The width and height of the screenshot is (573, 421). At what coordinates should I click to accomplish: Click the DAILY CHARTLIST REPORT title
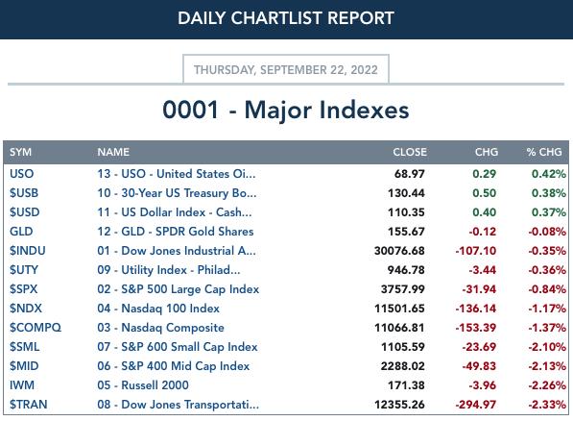point(286,18)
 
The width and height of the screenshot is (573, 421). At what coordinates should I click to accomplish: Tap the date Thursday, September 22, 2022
point(286,70)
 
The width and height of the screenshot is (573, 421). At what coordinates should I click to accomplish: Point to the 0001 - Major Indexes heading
point(286,110)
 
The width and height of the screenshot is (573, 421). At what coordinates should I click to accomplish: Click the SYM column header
point(20,152)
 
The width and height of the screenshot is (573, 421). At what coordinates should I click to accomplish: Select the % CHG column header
point(544,152)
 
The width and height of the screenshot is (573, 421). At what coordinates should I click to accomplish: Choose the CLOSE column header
point(410,152)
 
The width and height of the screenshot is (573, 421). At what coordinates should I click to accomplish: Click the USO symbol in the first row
point(21,174)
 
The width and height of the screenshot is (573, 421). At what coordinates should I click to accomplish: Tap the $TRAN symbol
point(29,404)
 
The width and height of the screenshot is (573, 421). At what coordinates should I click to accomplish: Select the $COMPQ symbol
point(36,327)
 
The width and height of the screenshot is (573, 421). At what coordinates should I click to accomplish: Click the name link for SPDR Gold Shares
point(176,232)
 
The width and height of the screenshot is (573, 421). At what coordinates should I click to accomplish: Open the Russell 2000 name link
point(143,385)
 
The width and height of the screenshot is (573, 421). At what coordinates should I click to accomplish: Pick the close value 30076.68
point(399,251)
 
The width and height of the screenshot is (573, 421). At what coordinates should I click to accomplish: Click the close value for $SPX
point(403,289)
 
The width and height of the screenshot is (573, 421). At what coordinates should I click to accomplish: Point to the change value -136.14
point(476,309)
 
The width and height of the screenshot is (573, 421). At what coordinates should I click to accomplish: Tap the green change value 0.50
point(484,193)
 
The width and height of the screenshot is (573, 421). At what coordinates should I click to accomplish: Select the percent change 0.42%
point(549,174)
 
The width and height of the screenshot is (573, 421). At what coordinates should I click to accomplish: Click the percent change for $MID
point(547,366)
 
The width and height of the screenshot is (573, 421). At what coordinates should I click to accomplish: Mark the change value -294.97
point(476,405)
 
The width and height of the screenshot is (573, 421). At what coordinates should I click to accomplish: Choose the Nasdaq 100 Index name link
point(158,309)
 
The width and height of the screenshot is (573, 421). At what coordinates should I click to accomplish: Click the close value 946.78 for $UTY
point(406,270)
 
